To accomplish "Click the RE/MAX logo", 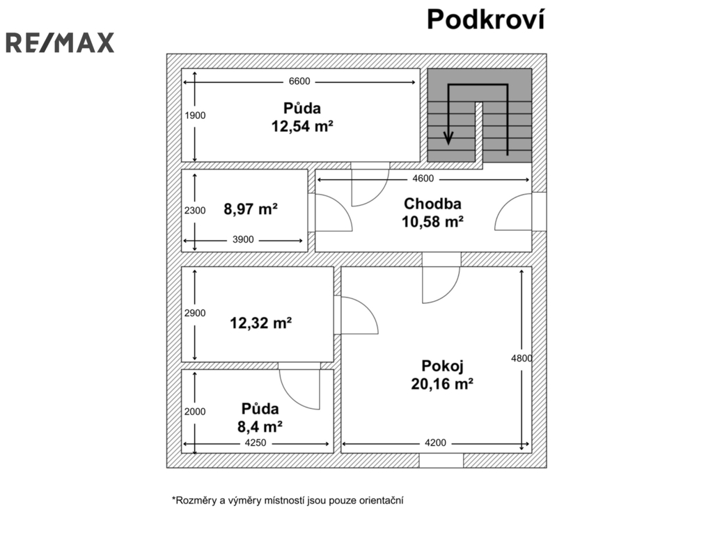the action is tap(60, 42).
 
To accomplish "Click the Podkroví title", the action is tap(485, 19).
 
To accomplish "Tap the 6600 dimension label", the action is tap(299, 81).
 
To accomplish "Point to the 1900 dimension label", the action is tap(195, 115).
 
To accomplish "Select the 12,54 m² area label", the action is tap(302, 126).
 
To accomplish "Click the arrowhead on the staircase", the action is tap(448, 138).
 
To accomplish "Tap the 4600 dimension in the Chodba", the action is tap(423, 179).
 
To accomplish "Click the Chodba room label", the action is tap(432, 204).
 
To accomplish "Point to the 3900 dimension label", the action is tap(243, 240).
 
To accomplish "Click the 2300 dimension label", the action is tap(195, 210).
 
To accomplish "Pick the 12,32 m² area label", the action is tap(260, 323).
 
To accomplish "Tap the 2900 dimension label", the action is tap(195, 313).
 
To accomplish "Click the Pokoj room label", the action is tap(442, 366).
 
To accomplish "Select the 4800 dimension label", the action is tap(522, 358).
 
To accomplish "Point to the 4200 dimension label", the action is tap(435, 443).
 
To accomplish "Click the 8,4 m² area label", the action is tap(260, 426).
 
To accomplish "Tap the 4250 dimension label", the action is tap(256, 443).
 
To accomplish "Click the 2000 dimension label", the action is tap(195, 412).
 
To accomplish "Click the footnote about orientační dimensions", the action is tap(288, 501).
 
